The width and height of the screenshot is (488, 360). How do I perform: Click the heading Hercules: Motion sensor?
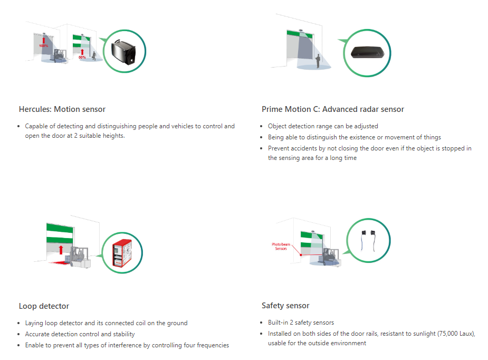[62, 109]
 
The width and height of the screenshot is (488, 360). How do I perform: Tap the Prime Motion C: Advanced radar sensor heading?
[333, 109]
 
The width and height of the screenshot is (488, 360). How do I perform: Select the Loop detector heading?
[44, 306]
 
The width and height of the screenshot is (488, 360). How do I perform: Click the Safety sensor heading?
[285, 306]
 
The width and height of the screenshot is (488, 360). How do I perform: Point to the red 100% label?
[44, 46]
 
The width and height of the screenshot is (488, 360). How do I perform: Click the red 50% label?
[82, 58]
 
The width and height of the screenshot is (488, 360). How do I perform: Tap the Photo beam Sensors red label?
[281, 247]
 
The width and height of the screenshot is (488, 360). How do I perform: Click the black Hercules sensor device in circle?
[123, 52]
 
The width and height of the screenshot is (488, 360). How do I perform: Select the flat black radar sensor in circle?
[367, 52]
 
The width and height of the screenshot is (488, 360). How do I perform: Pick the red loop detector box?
[122, 253]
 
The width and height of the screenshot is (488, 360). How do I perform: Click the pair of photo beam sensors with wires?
[368, 240]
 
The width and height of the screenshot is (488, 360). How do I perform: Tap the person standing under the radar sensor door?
[318, 61]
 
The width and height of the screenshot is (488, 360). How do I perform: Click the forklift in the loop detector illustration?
[79, 258]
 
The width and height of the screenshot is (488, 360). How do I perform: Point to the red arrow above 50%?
[82, 52]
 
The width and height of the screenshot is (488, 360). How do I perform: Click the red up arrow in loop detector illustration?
[61, 250]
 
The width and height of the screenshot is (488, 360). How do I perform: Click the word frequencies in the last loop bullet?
[213, 345]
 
